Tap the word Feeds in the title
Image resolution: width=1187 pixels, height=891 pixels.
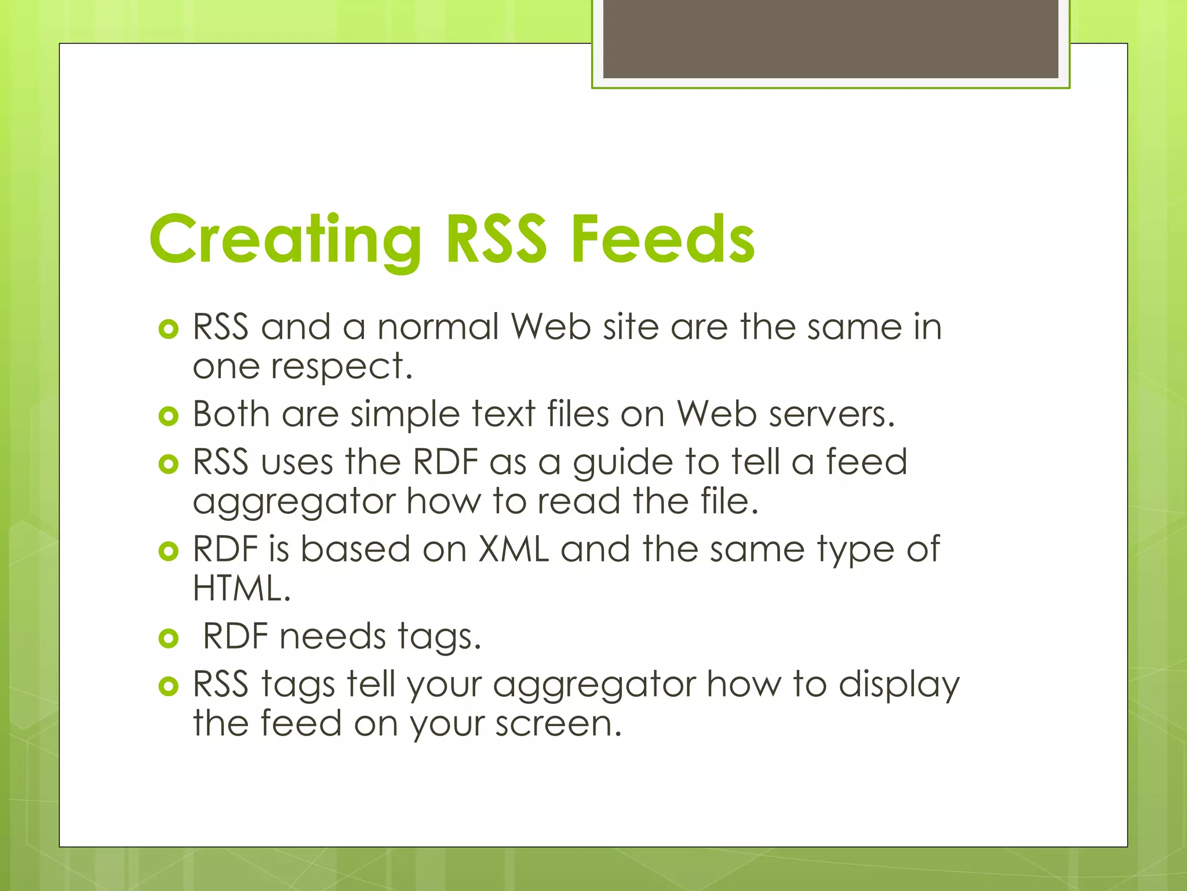[x=662, y=240]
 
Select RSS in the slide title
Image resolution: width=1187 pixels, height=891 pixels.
[x=496, y=240]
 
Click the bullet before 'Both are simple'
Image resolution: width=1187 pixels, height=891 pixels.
[x=168, y=416]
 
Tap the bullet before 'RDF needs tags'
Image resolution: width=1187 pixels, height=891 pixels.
[x=168, y=639]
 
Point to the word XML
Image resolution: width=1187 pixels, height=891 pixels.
[x=514, y=549]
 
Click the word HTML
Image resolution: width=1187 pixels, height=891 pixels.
[x=241, y=588]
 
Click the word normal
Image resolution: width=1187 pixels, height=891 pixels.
[x=438, y=327]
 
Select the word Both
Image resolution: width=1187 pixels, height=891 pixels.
[x=231, y=415]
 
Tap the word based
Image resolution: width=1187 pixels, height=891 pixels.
[x=355, y=549]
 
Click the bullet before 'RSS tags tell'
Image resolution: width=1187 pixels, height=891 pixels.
[x=168, y=687]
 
